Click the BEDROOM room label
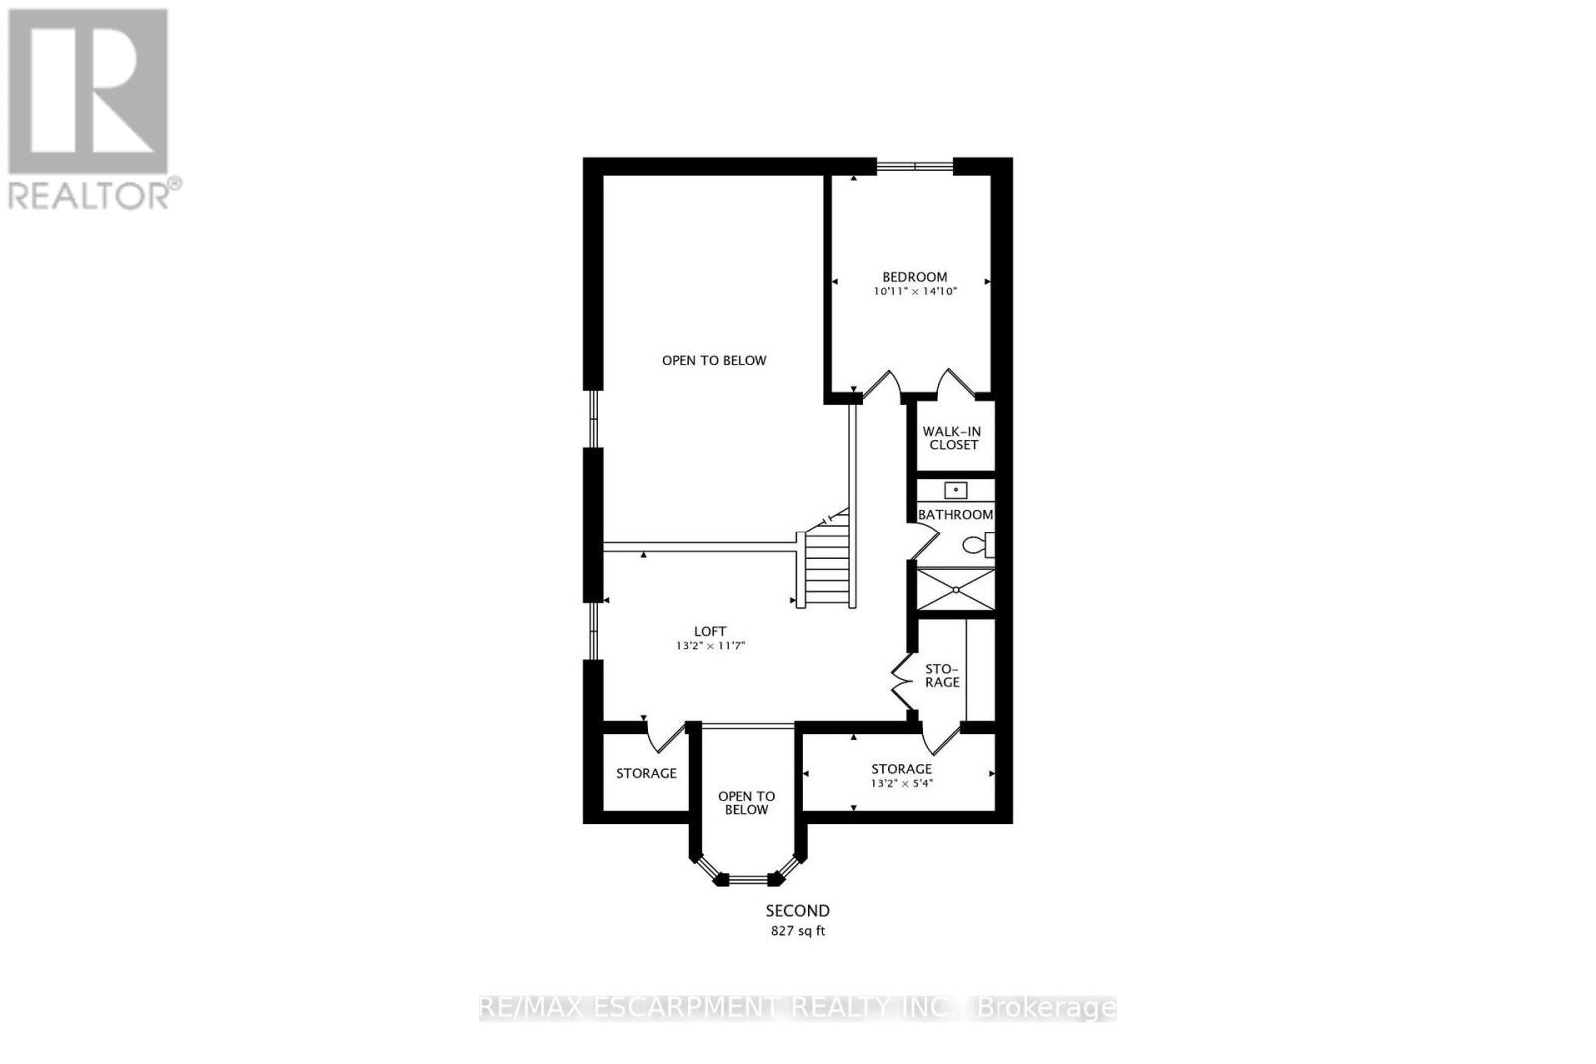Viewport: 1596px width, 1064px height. point(914,277)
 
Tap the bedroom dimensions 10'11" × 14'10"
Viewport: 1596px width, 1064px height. point(914,292)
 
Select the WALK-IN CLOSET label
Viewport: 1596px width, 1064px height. point(954,438)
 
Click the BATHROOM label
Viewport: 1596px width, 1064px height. point(955,515)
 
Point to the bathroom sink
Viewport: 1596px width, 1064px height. point(956,490)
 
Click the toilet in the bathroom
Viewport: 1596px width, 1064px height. point(978,545)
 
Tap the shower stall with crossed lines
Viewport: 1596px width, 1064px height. point(956,589)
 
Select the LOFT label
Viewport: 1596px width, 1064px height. point(710,631)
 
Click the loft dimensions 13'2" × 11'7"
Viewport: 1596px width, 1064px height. point(710,646)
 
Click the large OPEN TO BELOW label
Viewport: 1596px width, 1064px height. point(714,360)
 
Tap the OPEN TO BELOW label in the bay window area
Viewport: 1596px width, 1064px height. point(746,803)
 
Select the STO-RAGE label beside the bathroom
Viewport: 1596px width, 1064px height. point(942,675)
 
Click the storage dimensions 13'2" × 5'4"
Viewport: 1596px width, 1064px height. point(901,783)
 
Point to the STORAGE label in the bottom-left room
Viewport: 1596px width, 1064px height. point(646,773)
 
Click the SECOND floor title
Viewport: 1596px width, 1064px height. point(797,910)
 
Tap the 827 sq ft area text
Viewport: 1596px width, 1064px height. point(797,931)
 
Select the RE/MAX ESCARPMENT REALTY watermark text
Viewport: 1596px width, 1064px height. point(797,1007)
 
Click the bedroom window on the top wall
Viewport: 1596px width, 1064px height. point(914,165)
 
